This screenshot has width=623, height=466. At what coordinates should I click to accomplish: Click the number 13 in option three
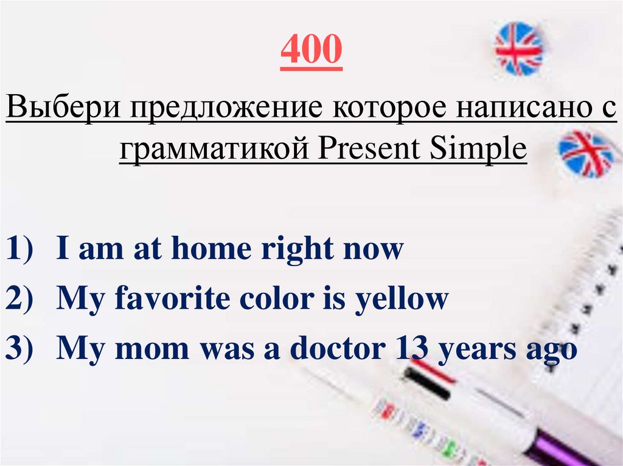tap(409, 349)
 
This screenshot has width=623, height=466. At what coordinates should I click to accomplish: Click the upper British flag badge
tap(519, 49)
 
